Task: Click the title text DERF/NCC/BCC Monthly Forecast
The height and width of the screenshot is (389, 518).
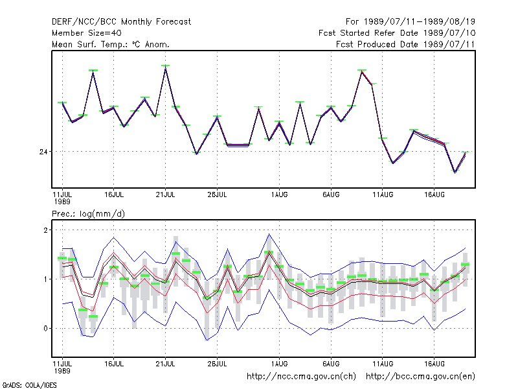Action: pyautogui.click(x=121, y=22)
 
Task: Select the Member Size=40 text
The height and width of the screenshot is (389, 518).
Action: pyautogui.click(x=87, y=33)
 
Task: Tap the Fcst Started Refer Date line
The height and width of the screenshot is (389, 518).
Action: pyautogui.click(x=397, y=33)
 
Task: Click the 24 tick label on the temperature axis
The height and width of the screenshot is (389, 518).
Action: pyautogui.click(x=43, y=152)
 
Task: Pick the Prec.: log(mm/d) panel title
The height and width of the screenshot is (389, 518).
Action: pyautogui.click(x=88, y=214)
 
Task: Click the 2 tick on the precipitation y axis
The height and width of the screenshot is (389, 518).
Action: pyautogui.click(x=45, y=230)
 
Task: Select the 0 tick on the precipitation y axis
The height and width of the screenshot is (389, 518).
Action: pyautogui.click(x=45, y=329)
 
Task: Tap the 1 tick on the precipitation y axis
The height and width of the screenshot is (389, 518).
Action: pyautogui.click(x=45, y=279)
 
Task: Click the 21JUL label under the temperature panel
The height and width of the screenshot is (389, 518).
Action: pyautogui.click(x=165, y=195)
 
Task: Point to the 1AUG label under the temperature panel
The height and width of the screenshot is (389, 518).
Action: pyautogui.click(x=280, y=195)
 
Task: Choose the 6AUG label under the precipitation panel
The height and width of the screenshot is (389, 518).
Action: pyautogui.click(x=331, y=364)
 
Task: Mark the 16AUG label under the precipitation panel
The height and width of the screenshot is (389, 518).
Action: pyautogui.click(x=434, y=364)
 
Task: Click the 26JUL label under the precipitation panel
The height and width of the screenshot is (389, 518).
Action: pyautogui.click(x=217, y=364)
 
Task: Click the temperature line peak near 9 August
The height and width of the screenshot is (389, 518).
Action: pyautogui.click(x=362, y=71)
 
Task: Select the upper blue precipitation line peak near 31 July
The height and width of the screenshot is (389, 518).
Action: pyautogui.click(x=269, y=234)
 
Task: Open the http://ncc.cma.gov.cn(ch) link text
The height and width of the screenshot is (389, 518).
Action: pyautogui.click(x=301, y=377)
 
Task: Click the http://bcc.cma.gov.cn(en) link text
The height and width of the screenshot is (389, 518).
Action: pyautogui.click(x=420, y=377)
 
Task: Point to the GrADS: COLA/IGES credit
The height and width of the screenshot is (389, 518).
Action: pyautogui.click(x=29, y=385)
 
